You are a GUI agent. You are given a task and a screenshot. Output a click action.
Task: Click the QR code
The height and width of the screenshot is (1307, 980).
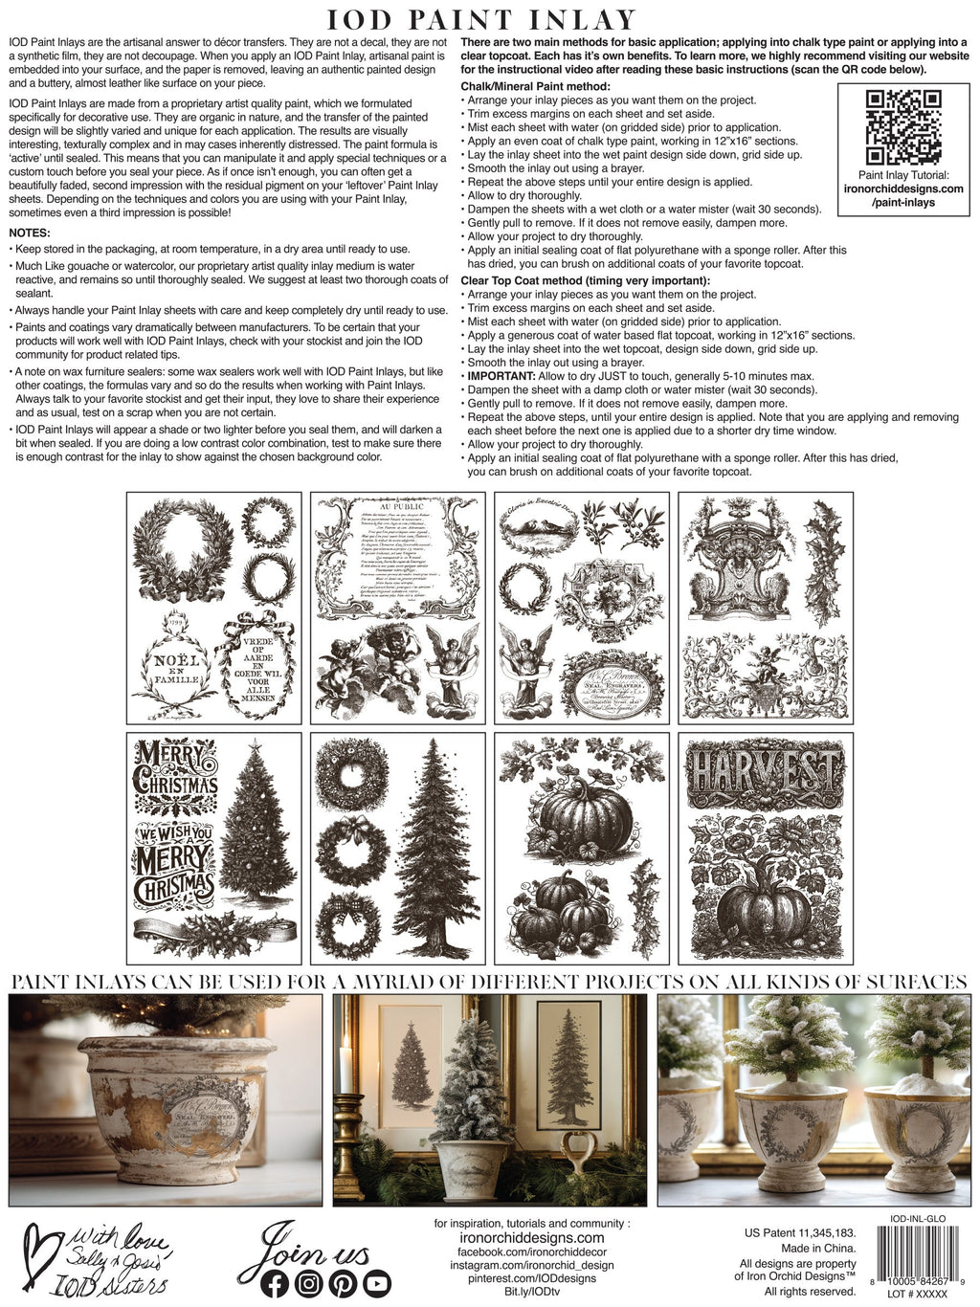[903, 126]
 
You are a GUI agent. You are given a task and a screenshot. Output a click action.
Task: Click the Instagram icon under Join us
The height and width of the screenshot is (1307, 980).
[308, 1283]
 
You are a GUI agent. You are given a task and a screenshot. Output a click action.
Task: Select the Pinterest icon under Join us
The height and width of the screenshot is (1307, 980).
[343, 1283]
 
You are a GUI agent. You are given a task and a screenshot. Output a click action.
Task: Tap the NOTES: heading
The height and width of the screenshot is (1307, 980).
[30, 233]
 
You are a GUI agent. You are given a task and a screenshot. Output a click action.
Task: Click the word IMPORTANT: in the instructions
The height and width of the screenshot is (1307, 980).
[500, 376]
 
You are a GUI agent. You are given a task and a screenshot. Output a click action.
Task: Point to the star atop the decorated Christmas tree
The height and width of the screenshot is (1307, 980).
[255, 744]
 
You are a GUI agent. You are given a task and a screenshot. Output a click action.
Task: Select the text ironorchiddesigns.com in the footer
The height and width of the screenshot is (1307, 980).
[519, 1237]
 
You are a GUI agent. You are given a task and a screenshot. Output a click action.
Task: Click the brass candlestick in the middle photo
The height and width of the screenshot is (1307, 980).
[345, 1128]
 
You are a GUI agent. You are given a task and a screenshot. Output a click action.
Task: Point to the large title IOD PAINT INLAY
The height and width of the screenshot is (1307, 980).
[481, 19]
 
